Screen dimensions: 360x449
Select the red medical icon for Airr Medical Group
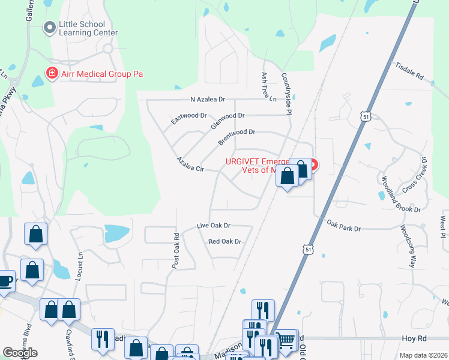point(52,74)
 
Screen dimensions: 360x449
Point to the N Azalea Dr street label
point(207,99)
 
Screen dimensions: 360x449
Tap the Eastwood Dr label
point(188,118)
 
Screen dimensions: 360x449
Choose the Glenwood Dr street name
point(228,122)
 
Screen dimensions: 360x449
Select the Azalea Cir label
point(190,165)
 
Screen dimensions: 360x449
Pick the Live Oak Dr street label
point(214,226)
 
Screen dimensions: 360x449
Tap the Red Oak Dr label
point(224,241)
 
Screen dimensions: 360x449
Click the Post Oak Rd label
point(176,250)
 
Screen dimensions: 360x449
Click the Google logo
point(20,353)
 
